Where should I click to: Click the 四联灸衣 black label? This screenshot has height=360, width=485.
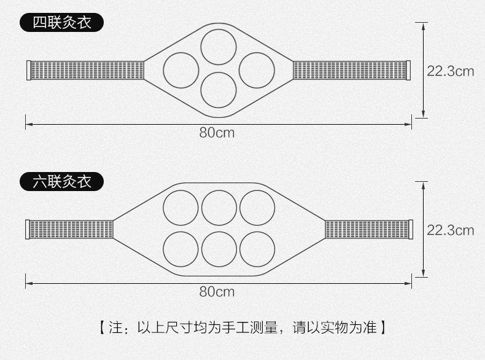[61, 23]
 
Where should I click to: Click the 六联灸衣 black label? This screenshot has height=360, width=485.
[61, 182]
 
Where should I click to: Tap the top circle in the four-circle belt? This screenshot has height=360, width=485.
[219, 46]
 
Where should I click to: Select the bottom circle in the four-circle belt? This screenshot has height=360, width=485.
[219, 90]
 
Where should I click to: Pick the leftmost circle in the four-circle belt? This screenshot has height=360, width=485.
[181, 70]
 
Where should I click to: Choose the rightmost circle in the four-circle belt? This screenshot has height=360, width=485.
[257, 70]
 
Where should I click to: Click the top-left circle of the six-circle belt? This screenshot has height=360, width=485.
[181, 208]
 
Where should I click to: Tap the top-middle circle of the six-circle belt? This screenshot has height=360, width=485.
[219, 208]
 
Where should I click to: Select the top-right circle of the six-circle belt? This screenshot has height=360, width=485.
[257, 208]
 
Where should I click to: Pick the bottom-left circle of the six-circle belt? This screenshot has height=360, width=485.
[181, 249]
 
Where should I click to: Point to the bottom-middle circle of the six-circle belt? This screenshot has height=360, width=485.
[219, 249]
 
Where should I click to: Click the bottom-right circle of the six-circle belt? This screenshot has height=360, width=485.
[257, 249]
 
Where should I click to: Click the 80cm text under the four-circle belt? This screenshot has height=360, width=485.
[217, 133]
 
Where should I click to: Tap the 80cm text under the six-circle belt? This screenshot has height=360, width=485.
[217, 291]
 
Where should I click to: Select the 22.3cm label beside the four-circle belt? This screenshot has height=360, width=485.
[451, 71]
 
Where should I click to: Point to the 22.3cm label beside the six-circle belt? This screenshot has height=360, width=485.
[451, 230]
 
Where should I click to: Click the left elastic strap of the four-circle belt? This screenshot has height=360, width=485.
[86, 70]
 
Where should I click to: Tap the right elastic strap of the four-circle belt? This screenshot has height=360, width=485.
[351, 70]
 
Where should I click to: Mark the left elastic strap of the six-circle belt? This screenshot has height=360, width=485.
[70, 230]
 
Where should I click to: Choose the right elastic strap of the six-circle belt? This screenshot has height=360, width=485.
[367, 230]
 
